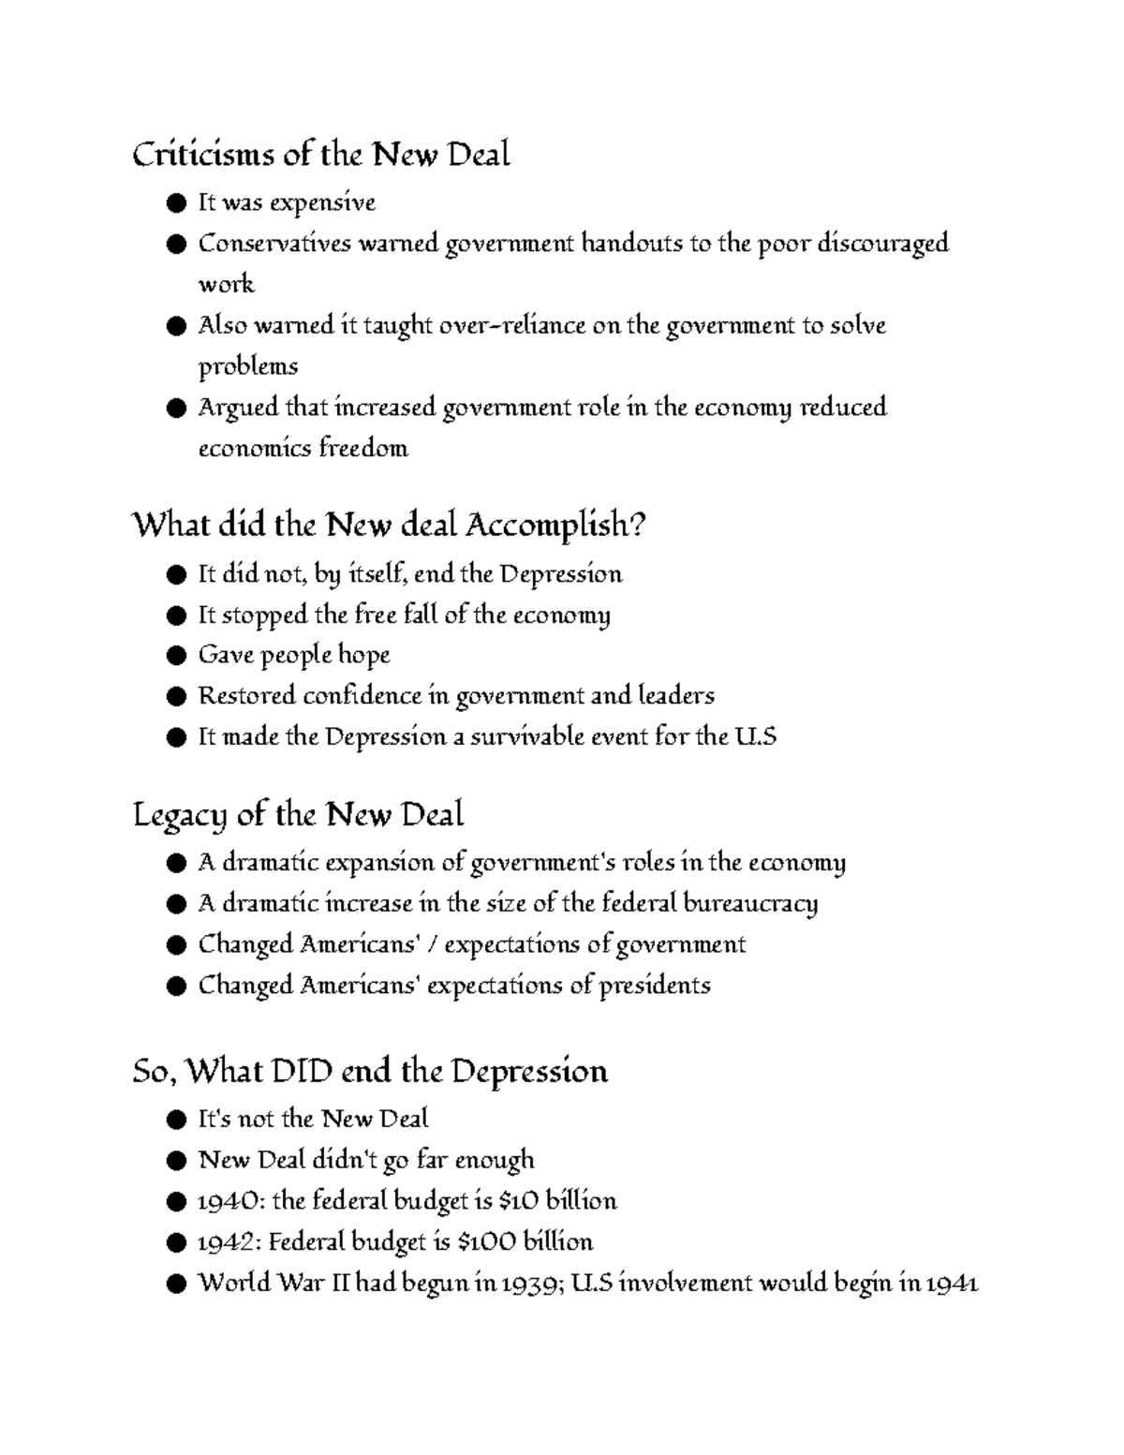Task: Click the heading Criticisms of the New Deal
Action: tap(320, 155)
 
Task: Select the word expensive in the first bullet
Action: tap(335, 203)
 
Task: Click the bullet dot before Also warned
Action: tap(174, 327)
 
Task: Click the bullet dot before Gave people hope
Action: tap(174, 656)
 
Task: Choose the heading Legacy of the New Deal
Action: tap(298, 815)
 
